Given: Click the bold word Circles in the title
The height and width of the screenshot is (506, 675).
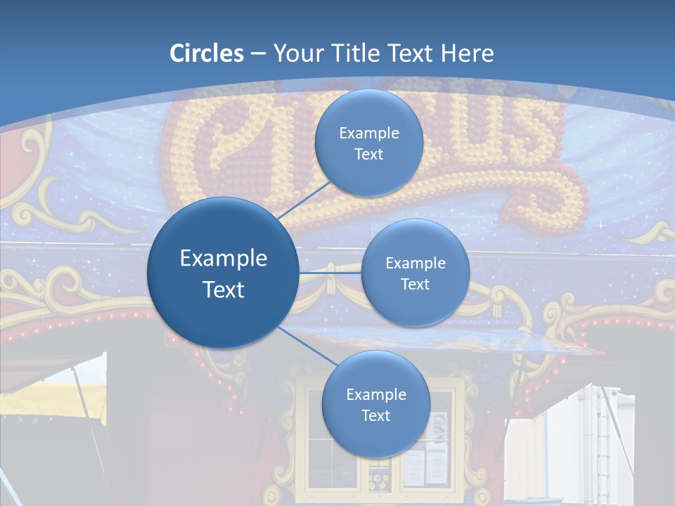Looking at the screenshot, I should coord(207,53).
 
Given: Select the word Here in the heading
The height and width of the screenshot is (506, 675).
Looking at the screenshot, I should coord(467,53).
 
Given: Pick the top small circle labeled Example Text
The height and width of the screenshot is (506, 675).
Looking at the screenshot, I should coord(368,143).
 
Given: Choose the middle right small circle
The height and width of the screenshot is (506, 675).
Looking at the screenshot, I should coord(415,273).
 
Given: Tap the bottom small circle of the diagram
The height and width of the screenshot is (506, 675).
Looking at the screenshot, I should coord(375,404).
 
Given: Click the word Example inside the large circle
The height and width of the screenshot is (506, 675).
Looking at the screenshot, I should coord(224,259).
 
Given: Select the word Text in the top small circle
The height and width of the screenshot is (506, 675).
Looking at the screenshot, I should coord(368,155).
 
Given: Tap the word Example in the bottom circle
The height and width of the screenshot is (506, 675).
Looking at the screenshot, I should coord(375,395).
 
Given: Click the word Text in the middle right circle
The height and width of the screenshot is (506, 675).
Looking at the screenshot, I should coord(415,285).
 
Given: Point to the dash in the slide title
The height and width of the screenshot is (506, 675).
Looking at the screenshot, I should coord(258,54).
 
